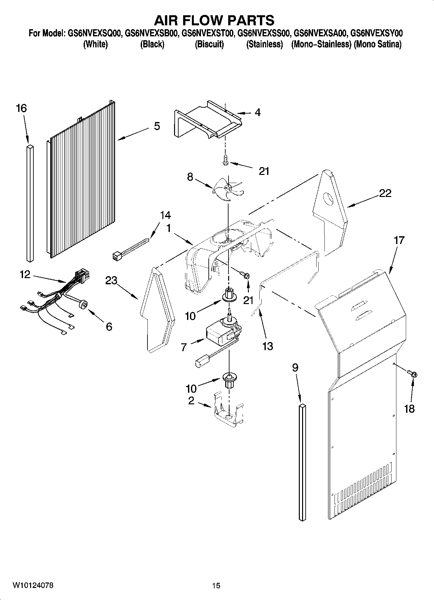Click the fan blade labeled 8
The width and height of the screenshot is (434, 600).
228,189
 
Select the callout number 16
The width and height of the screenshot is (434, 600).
21,108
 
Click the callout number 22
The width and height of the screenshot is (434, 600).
385,193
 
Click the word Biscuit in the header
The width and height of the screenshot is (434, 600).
209,44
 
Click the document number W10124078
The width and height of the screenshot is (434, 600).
33,585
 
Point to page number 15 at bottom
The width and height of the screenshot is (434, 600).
216,586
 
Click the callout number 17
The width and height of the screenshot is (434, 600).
399,240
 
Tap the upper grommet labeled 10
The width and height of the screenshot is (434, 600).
229,294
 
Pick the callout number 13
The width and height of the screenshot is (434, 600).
268,346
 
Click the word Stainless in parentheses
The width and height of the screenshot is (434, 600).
265,44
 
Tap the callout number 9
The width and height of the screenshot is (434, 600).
295,367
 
